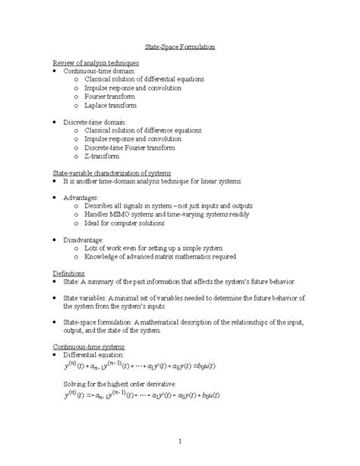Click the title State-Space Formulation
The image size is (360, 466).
(x=180, y=46)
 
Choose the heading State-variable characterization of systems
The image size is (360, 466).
(x=112, y=173)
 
